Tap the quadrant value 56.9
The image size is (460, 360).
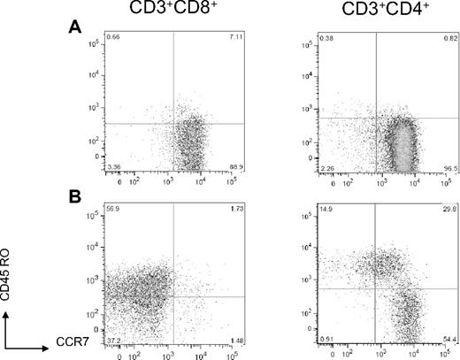(111, 209)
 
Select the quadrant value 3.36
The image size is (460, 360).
(111, 165)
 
